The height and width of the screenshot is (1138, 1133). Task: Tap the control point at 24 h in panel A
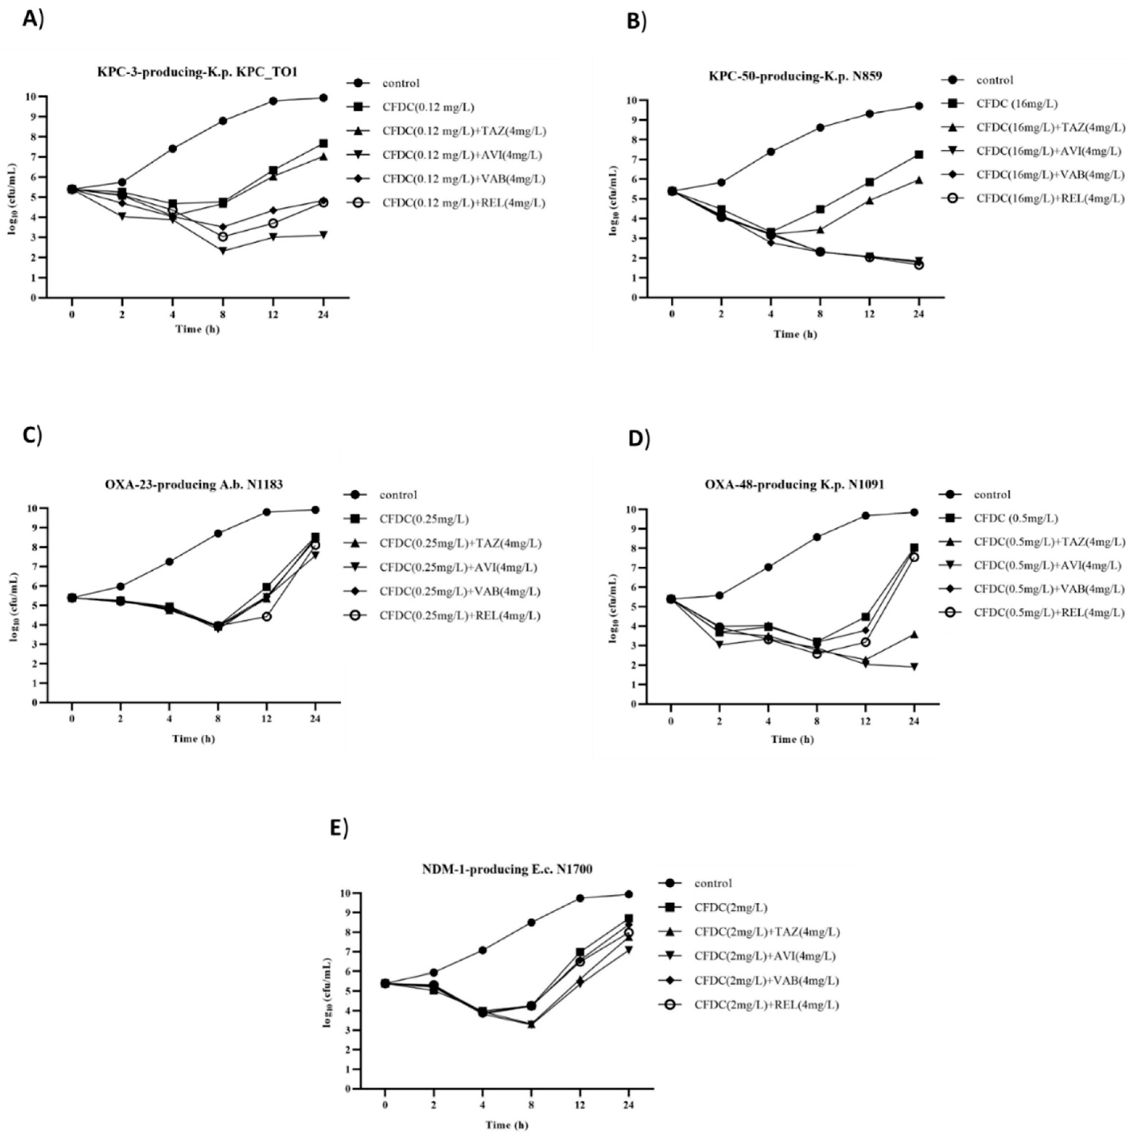click(323, 98)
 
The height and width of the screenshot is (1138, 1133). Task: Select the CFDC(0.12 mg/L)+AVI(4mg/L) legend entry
click(463, 155)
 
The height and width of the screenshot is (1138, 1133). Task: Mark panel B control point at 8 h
click(820, 127)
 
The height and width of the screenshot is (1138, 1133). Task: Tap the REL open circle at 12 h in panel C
click(266, 616)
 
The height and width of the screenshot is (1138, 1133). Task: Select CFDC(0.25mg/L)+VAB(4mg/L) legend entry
click(460, 591)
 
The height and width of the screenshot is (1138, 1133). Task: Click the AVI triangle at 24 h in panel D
click(914, 667)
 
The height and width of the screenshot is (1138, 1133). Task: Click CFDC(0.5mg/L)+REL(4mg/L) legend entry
click(1049, 613)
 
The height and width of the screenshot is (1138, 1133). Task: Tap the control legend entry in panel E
click(713, 883)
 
